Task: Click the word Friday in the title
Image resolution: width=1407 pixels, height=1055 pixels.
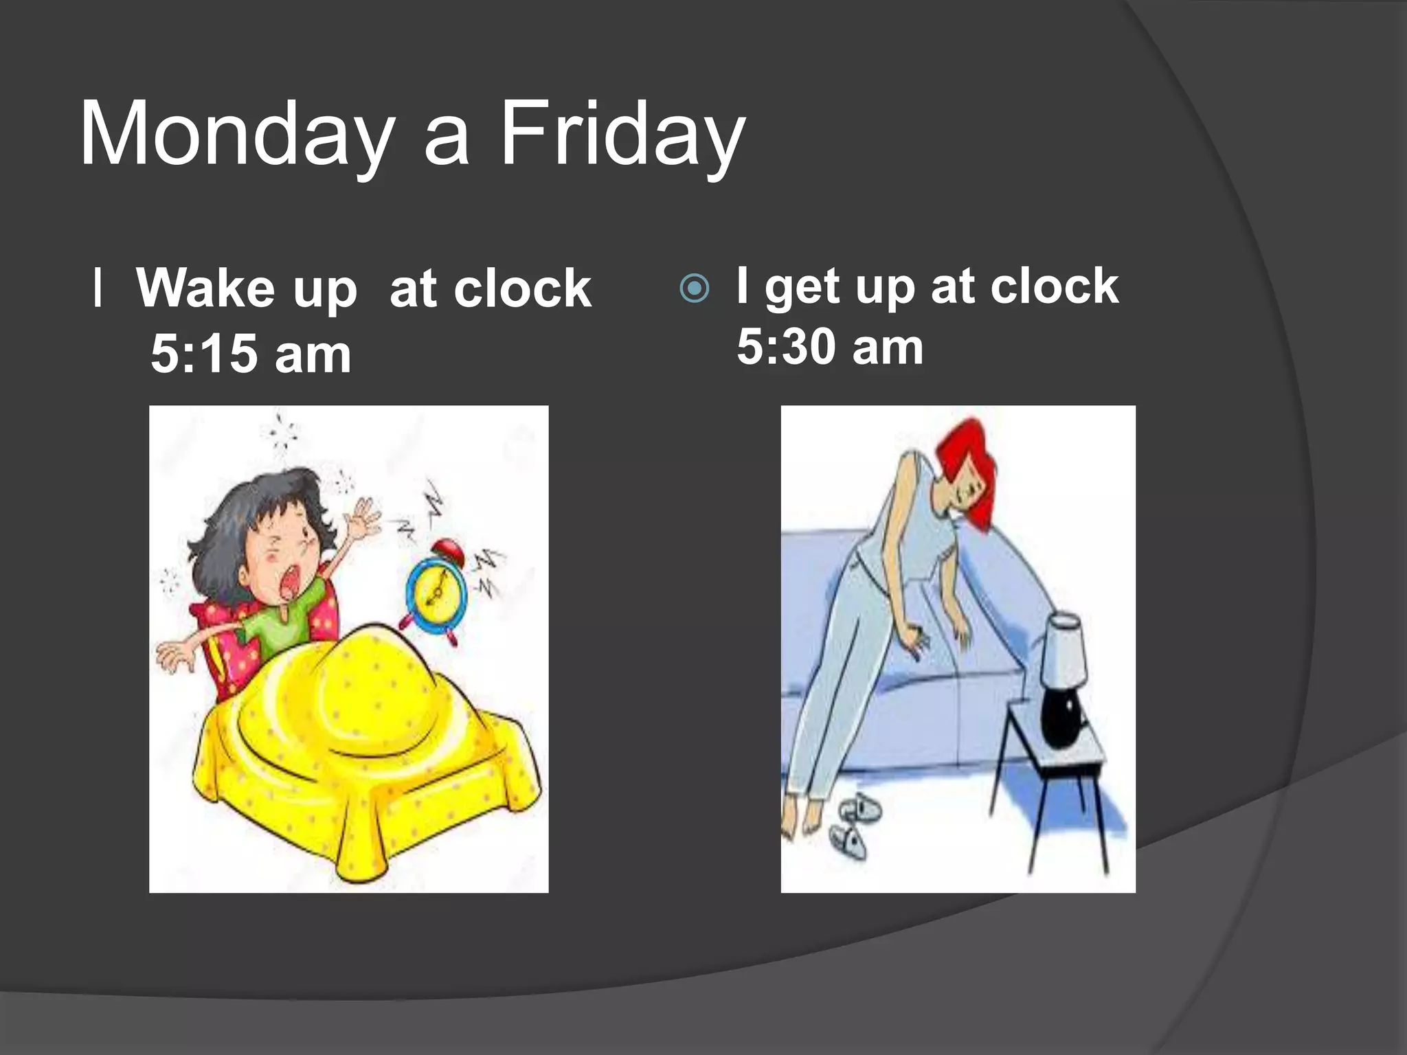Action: [622, 134]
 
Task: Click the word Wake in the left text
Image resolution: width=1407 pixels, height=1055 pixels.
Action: [205, 288]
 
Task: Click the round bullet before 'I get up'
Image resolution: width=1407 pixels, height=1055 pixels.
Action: [694, 289]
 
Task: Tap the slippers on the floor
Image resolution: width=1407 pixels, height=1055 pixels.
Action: [852, 824]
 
